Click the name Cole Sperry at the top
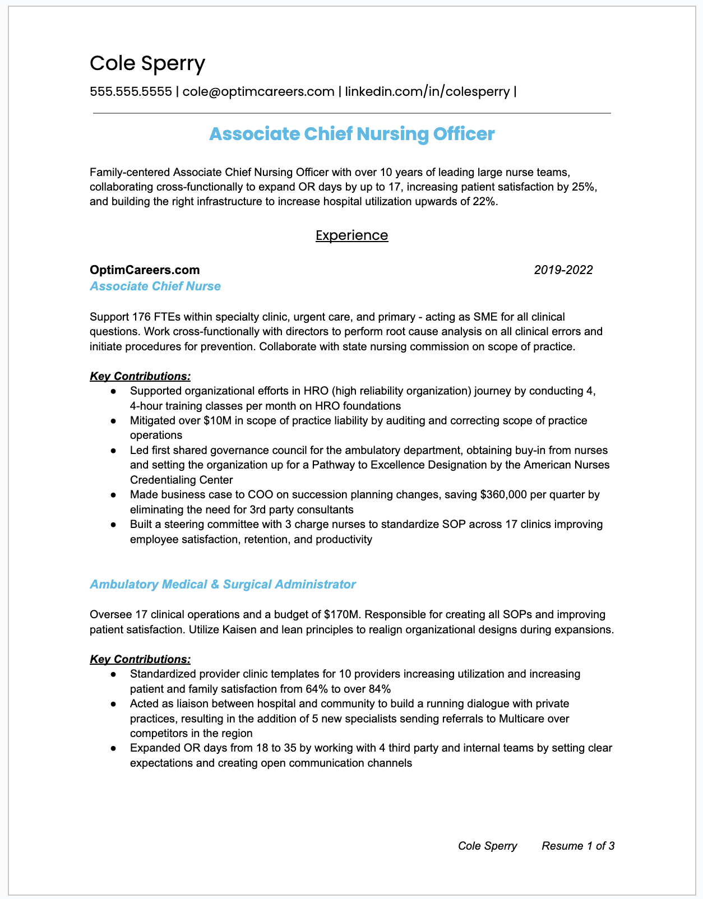[147, 63]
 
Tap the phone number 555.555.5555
[131, 91]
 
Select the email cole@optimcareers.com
[258, 91]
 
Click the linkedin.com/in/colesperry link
[427, 91]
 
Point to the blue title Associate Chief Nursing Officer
[351, 135]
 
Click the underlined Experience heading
[351, 235]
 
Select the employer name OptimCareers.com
[145, 270]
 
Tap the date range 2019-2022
[563, 270]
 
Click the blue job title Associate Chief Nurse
[155, 286]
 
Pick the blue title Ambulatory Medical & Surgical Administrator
[223, 585]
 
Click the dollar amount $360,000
[504, 495]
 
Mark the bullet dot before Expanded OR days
[114, 748]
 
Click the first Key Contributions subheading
[140, 376]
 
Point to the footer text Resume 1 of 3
[578, 846]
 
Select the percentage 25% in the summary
[584, 187]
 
